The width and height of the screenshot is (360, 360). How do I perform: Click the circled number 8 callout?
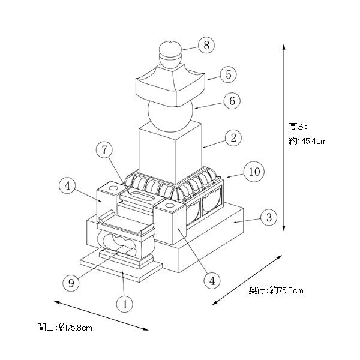pos(206,44)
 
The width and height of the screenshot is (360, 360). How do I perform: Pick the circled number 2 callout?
pos(232,137)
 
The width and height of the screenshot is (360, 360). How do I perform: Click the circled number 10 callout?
pos(254,172)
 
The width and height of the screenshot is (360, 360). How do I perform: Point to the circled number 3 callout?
pos(270,217)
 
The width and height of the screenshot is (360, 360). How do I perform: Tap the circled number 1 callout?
pos(124,304)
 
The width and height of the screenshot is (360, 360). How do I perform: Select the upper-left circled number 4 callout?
pos(69,186)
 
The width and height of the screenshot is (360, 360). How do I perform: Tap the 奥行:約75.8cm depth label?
pos(276,290)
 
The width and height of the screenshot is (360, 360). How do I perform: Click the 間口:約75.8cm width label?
pos(64,328)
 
